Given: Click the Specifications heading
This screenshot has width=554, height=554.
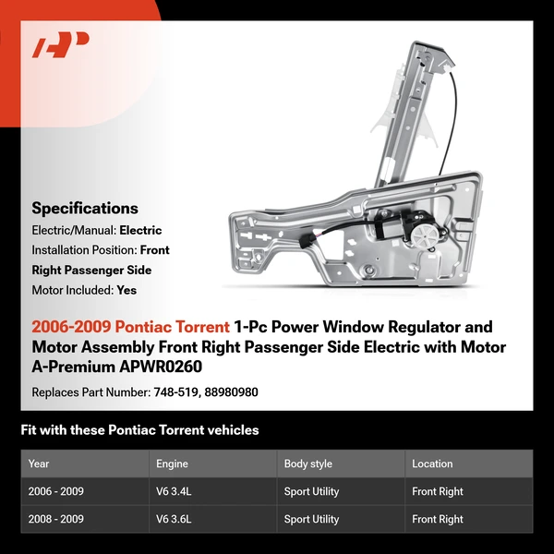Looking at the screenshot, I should [85, 209].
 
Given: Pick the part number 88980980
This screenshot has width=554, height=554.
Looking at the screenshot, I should [233, 392].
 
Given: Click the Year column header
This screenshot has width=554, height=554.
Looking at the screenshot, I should [39, 464].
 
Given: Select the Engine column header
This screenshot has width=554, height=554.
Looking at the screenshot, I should [173, 464].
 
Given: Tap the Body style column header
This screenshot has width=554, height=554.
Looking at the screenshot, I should [308, 464].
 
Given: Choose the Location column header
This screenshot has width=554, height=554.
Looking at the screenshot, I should [432, 464].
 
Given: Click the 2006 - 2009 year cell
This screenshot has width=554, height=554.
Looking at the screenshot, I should [56, 491].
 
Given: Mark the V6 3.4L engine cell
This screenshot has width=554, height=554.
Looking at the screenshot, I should [174, 491].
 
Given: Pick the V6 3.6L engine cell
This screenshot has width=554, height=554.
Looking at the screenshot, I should [174, 519].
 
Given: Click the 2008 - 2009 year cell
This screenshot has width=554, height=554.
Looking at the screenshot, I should [56, 519].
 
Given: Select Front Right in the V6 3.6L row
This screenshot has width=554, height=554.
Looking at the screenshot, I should [438, 519].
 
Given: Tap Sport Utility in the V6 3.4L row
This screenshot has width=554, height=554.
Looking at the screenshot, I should [311, 491].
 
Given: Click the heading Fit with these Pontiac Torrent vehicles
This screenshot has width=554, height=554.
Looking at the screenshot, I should [139, 430].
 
